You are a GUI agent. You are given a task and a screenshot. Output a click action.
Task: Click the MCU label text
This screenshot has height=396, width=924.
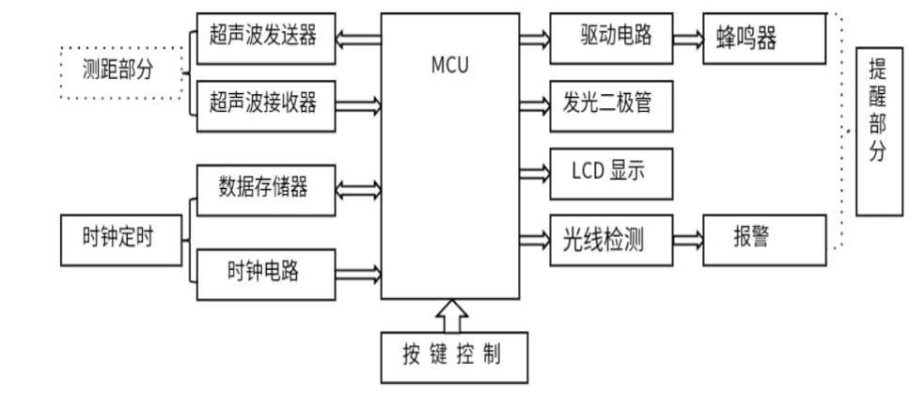pyautogui.click(x=448, y=69)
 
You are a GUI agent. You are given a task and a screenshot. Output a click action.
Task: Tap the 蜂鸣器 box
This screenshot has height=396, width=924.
pyautogui.click(x=764, y=40)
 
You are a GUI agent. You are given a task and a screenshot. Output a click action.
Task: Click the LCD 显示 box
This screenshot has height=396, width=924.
pyautogui.click(x=609, y=172)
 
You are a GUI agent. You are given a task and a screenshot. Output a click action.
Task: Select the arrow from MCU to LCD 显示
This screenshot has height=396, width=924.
pyautogui.click(x=533, y=172)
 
